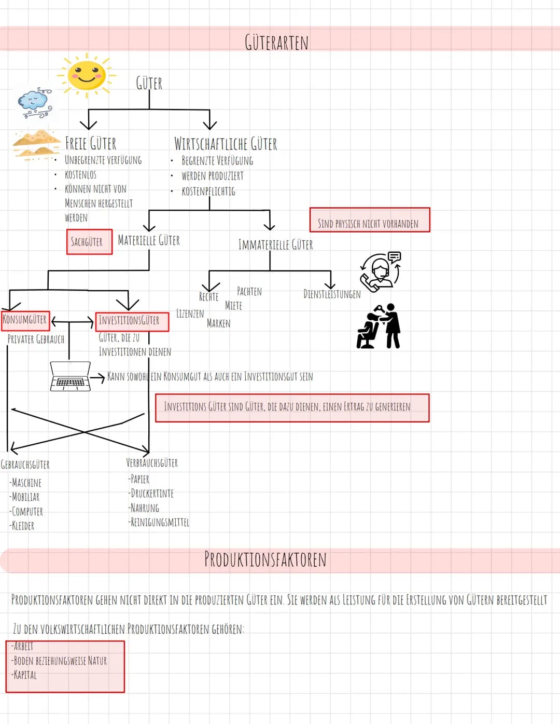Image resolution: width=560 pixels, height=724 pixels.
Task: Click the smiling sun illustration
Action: pos(87,75)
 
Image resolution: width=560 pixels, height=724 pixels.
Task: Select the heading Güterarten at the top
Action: pos(276,43)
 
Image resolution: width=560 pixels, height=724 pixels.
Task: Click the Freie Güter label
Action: pos(91,143)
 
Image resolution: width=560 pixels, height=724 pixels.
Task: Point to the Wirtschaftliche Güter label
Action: pos(226,144)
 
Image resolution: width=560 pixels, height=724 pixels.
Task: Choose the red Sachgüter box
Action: pos(89,242)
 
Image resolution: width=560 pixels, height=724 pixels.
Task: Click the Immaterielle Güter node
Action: pos(275,244)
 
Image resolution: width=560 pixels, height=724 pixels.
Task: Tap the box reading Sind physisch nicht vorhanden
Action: pos(369,220)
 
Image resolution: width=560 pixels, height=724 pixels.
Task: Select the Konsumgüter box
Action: pos(25,320)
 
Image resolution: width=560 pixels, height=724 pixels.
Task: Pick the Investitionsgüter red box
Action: pos(132,321)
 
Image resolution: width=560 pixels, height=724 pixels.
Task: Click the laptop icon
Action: pos(70,376)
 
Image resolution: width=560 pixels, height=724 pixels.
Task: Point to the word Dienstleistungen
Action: pos(332,294)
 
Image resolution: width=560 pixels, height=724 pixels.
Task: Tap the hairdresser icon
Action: pos(379,326)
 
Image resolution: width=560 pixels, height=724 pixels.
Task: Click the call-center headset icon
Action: pos(381,271)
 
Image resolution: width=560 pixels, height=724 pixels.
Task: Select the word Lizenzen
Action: pos(190,313)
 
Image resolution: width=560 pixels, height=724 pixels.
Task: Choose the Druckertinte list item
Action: pos(151,493)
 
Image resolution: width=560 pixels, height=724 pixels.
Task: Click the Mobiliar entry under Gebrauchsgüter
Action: pos(24,497)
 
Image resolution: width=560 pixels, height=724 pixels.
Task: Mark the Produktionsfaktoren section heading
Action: pos(265,559)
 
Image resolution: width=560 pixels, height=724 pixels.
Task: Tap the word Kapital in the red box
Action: pos(24,675)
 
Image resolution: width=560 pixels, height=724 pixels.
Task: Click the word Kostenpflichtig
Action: pos(208,192)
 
